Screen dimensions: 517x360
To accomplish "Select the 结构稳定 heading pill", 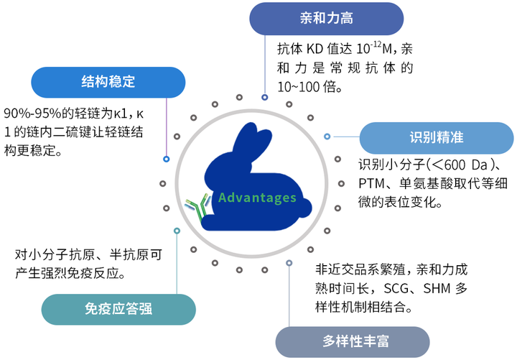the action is click(108, 82).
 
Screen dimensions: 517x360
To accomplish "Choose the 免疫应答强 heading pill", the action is click(118, 310).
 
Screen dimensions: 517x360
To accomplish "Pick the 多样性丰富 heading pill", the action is click(353, 341).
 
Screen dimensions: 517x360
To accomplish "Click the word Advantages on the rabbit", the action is click(258, 198).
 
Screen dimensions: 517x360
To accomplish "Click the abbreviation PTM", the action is click(372, 183).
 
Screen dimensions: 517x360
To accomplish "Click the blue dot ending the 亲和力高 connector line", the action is click(265, 97).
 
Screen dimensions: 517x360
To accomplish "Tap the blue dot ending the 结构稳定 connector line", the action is click(167, 159).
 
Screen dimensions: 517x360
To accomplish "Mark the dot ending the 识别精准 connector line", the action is click(327, 137).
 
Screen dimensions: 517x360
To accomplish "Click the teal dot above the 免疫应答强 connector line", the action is click(177, 230).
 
